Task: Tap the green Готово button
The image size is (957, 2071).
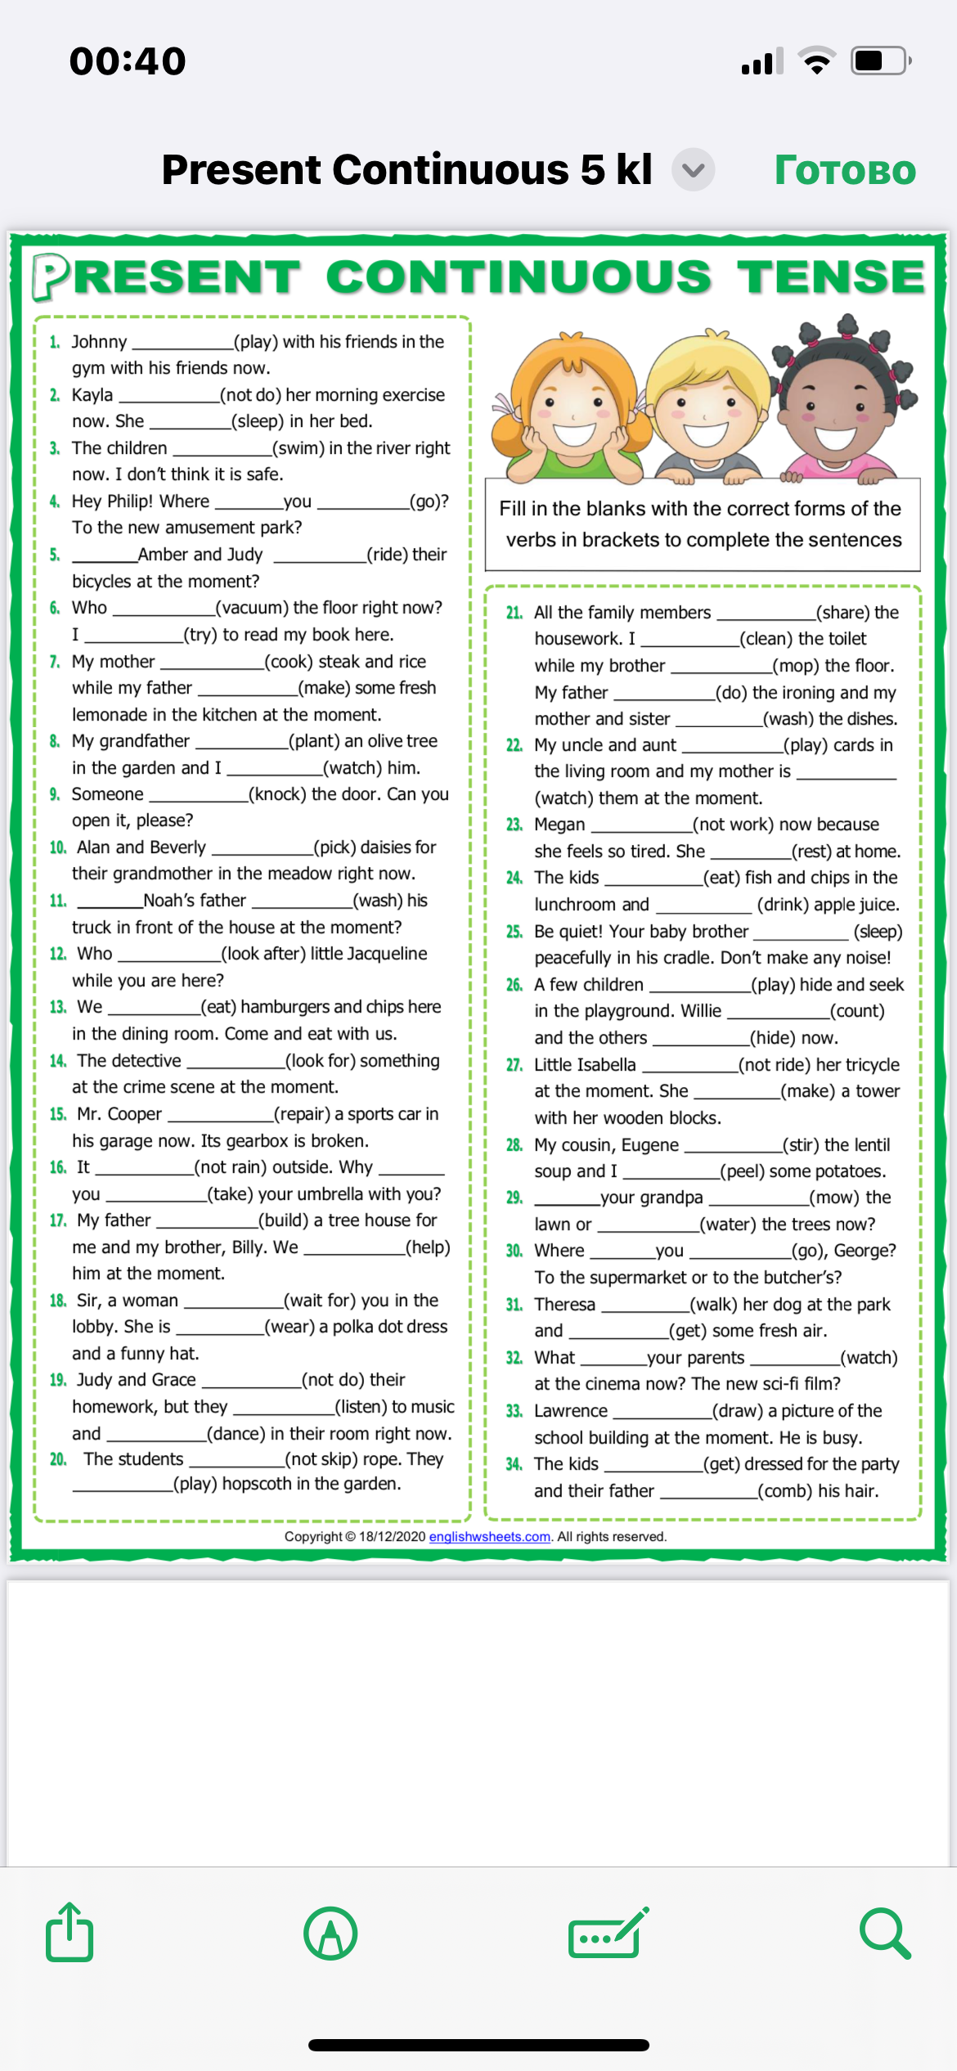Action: pyautogui.click(x=845, y=170)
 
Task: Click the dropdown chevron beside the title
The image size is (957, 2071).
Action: pyautogui.click(x=694, y=170)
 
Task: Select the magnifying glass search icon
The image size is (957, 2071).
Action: pyautogui.click(x=884, y=1934)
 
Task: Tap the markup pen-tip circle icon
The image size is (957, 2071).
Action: pyautogui.click(x=330, y=1934)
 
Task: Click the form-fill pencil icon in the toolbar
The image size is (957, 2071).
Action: pyautogui.click(x=608, y=1934)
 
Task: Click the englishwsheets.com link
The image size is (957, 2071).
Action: pyautogui.click(x=489, y=1537)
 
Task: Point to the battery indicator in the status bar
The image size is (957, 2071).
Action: pyautogui.click(x=880, y=61)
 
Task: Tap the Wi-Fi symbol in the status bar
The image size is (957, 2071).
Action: pyautogui.click(x=816, y=61)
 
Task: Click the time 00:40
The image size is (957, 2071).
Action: pyautogui.click(x=128, y=61)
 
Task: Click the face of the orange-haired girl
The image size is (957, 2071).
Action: pyautogui.click(x=575, y=409)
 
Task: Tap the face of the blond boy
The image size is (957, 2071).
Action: pyautogui.click(x=706, y=409)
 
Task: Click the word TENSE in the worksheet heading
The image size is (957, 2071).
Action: pyautogui.click(x=830, y=276)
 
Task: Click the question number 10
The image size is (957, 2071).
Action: pyautogui.click(x=57, y=847)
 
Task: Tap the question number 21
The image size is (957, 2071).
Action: pyautogui.click(x=514, y=613)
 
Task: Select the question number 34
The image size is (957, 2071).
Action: pyautogui.click(x=514, y=1464)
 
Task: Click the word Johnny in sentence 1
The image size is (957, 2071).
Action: pyautogui.click(x=99, y=342)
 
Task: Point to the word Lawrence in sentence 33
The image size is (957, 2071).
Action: pyautogui.click(x=571, y=1411)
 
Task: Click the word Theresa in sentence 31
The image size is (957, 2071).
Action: pyautogui.click(x=564, y=1305)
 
